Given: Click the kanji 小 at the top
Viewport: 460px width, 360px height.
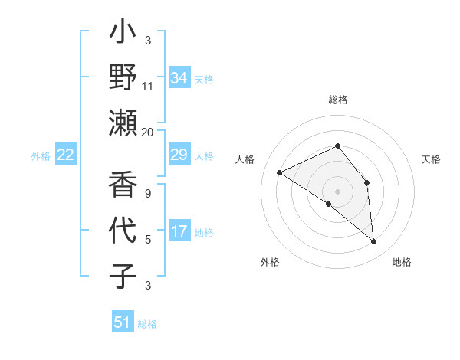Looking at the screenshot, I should pyautogui.click(x=123, y=35).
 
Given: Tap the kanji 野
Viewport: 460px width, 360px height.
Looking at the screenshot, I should pyautogui.click(x=123, y=80).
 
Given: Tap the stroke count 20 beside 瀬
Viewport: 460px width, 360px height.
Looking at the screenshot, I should pyautogui.click(x=148, y=132).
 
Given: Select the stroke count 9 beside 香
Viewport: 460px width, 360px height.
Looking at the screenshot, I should pyautogui.click(x=148, y=193).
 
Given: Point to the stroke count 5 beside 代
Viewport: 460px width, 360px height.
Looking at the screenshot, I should pyautogui.click(x=148, y=239).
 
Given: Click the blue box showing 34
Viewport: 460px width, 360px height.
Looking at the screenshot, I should pyautogui.click(x=179, y=78).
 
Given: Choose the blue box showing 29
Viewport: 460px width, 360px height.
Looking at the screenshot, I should pyautogui.click(x=179, y=155).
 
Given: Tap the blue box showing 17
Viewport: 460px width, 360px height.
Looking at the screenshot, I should pyautogui.click(x=179, y=231).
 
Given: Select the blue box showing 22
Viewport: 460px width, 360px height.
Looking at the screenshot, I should pyautogui.click(x=66, y=155).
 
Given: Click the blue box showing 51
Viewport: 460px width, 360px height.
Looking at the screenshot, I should pyautogui.click(x=123, y=322).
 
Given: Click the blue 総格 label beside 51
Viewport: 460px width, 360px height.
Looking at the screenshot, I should pyautogui.click(x=147, y=324).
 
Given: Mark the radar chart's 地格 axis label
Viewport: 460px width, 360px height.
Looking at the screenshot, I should pyautogui.click(x=402, y=262).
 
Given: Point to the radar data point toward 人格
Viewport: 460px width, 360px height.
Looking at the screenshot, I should pyautogui.click(x=280, y=172).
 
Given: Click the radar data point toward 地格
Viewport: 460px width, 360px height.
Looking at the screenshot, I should pyautogui.click(x=374, y=242).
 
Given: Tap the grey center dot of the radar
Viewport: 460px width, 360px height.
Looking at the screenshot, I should pyautogui.click(x=337, y=191).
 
